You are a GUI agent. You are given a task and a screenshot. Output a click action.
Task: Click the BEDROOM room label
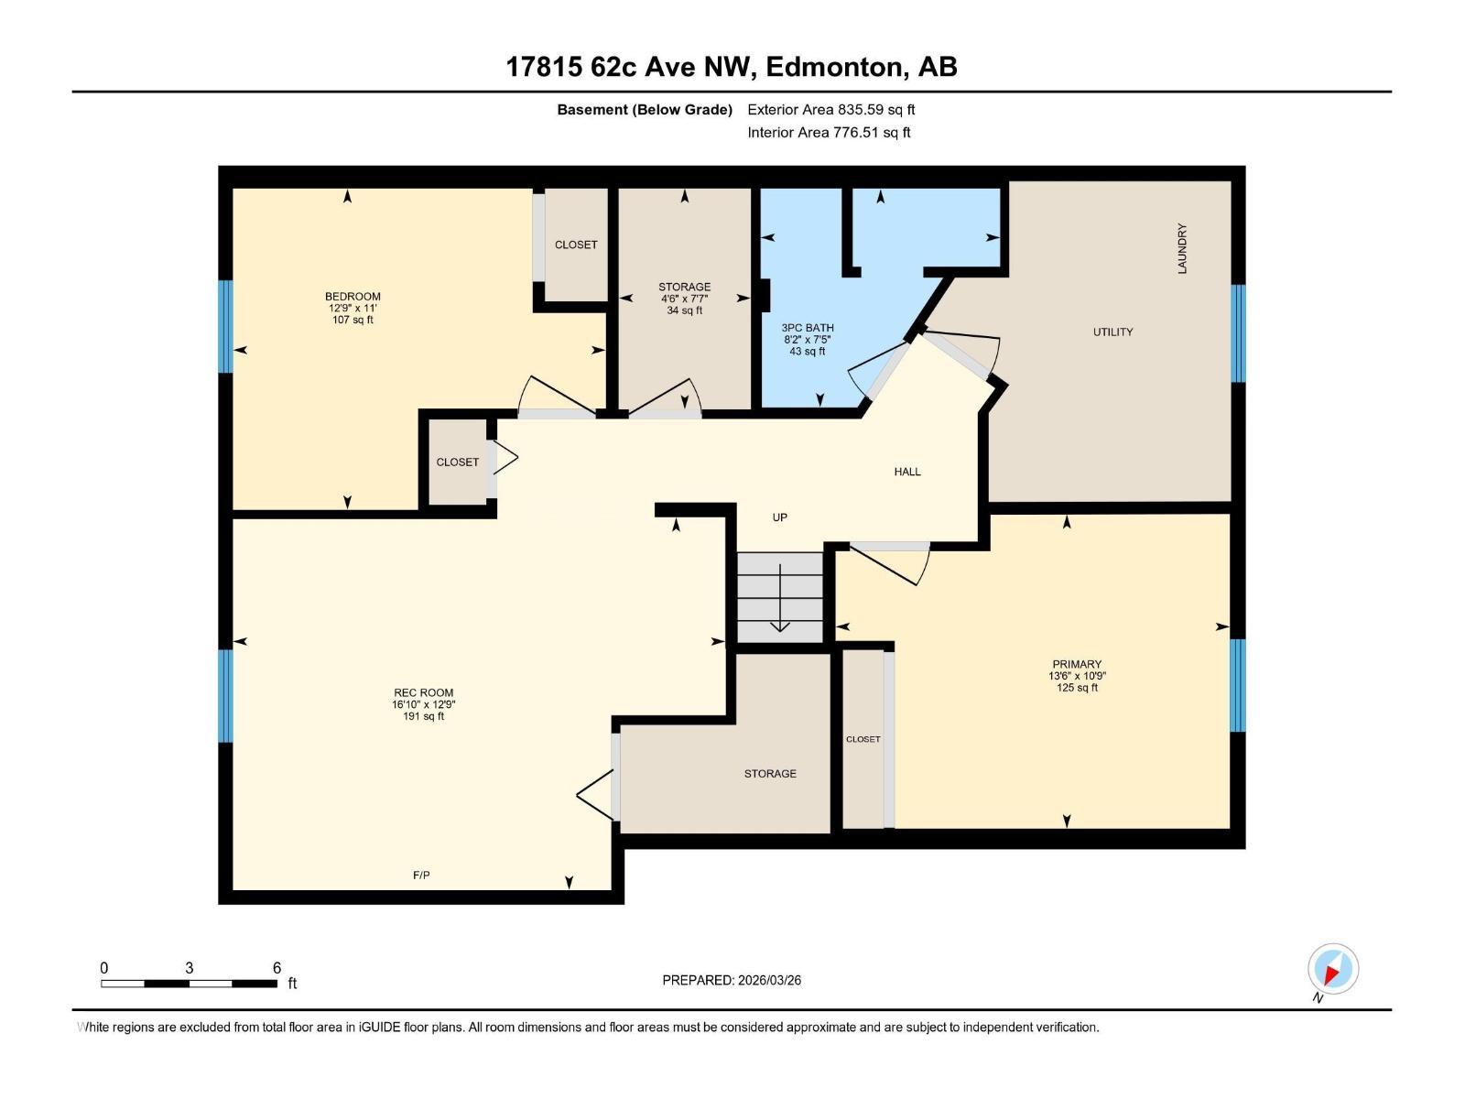353,296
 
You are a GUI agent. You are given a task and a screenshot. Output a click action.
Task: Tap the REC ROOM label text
423,692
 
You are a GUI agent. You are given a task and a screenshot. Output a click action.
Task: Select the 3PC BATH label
807,328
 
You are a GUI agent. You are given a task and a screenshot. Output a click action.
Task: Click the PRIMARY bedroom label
1077,664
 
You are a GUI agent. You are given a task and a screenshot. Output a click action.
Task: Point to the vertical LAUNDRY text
1182,248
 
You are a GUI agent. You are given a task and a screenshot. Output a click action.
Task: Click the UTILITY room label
1112,332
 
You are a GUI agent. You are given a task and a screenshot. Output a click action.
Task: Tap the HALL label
907,472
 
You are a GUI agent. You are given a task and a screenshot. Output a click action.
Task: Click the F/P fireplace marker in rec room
421,876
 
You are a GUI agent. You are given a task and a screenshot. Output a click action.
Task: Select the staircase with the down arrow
780,597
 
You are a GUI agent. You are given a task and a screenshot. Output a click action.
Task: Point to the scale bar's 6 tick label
277,968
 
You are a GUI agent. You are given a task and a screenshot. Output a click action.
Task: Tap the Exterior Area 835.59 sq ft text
830,110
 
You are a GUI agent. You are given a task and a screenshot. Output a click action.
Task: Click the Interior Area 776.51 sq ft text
829,132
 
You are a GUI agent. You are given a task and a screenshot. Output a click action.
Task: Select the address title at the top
732,67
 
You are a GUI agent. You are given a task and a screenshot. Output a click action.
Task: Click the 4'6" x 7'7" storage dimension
684,299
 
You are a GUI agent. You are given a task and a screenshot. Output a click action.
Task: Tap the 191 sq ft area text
423,716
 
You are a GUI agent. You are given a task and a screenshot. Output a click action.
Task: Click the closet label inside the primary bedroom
863,739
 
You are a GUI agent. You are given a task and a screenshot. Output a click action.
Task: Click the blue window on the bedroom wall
225,326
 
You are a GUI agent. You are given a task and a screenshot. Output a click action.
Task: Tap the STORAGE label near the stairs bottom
770,774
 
